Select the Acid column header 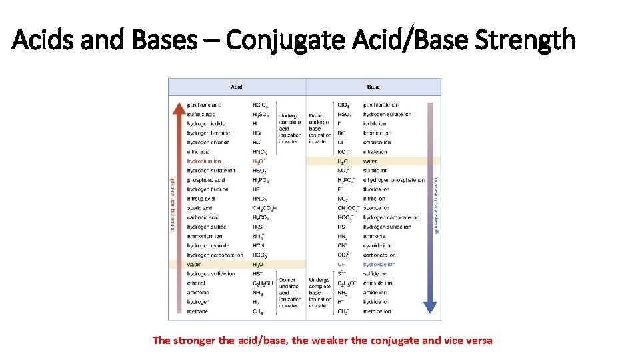tap(237, 87)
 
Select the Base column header tap(373, 87)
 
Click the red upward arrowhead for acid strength tap(178, 107)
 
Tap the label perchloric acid tap(204, 105)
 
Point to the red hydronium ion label tap(203, 161)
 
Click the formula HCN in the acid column tap(258, 245)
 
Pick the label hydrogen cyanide tap(209, 245)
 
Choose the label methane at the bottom tap(197, 311)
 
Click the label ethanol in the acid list tap(197, 283)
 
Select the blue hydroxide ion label tap(379, 265)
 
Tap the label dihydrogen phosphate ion tap(394, 180)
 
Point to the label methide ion tap(377, 311)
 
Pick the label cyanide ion tap(377, 245)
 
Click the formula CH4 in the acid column tap(257, 311)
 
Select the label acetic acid tap(200, 208)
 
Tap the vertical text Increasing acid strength tap(173, 205)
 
